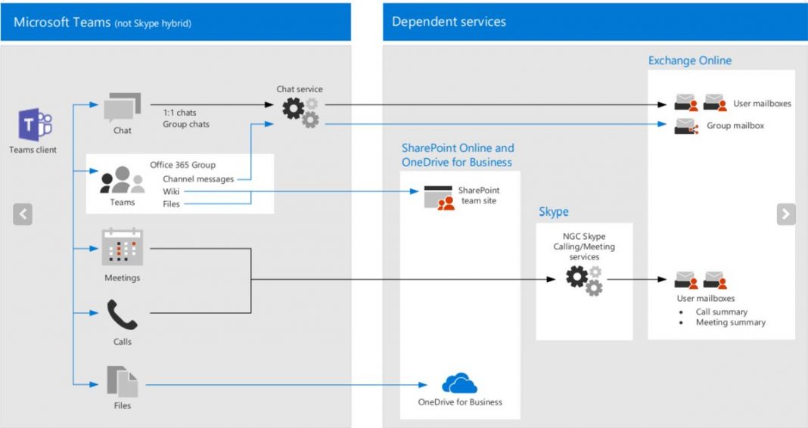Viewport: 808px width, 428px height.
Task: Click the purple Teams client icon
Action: pyautogui.click(x=34, y=125)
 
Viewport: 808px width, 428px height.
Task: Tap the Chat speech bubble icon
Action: pyautogui.click(x=122, y=107)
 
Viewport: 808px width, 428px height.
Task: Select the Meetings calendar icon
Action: pyautogui.click(x=122, y=247)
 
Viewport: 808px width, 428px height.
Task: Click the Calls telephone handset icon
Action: pyautogui.click(x=122, y=315)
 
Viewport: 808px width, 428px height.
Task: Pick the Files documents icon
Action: pyautogui.click(x=122, y=381)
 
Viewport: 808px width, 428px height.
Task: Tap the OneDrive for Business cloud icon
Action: pyautogui.click(x=459, y=383)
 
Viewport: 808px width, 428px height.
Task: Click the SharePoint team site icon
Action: pyautogui.click(x=439, y=197)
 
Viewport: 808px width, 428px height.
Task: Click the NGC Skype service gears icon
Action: pyautogui.click(x=584, y=281)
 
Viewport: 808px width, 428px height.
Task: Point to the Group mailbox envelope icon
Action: pyautogui.click(x=685, y=126)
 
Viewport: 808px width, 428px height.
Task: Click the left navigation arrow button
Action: pyautogui.click(x=23, y=215)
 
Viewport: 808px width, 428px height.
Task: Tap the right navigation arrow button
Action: pyautogui.click(x=786, y=215)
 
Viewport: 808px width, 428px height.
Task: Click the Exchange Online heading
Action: pyautogui.click(x=689, y=60)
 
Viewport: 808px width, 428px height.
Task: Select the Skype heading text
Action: pyautogui.click(x=553, y=212)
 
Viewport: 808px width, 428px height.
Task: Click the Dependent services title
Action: pyautogui.click(x=449, y=22)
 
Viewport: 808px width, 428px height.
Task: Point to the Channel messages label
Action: pyautogui.click(x=198, y=179)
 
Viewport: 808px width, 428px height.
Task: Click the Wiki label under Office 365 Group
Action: pyautogui.click(x=171, y=191)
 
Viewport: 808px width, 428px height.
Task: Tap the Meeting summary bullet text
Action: pyautogui.click(x=730, y=322)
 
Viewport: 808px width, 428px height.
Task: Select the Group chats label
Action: pyautogui.click(x=186, y=124)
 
